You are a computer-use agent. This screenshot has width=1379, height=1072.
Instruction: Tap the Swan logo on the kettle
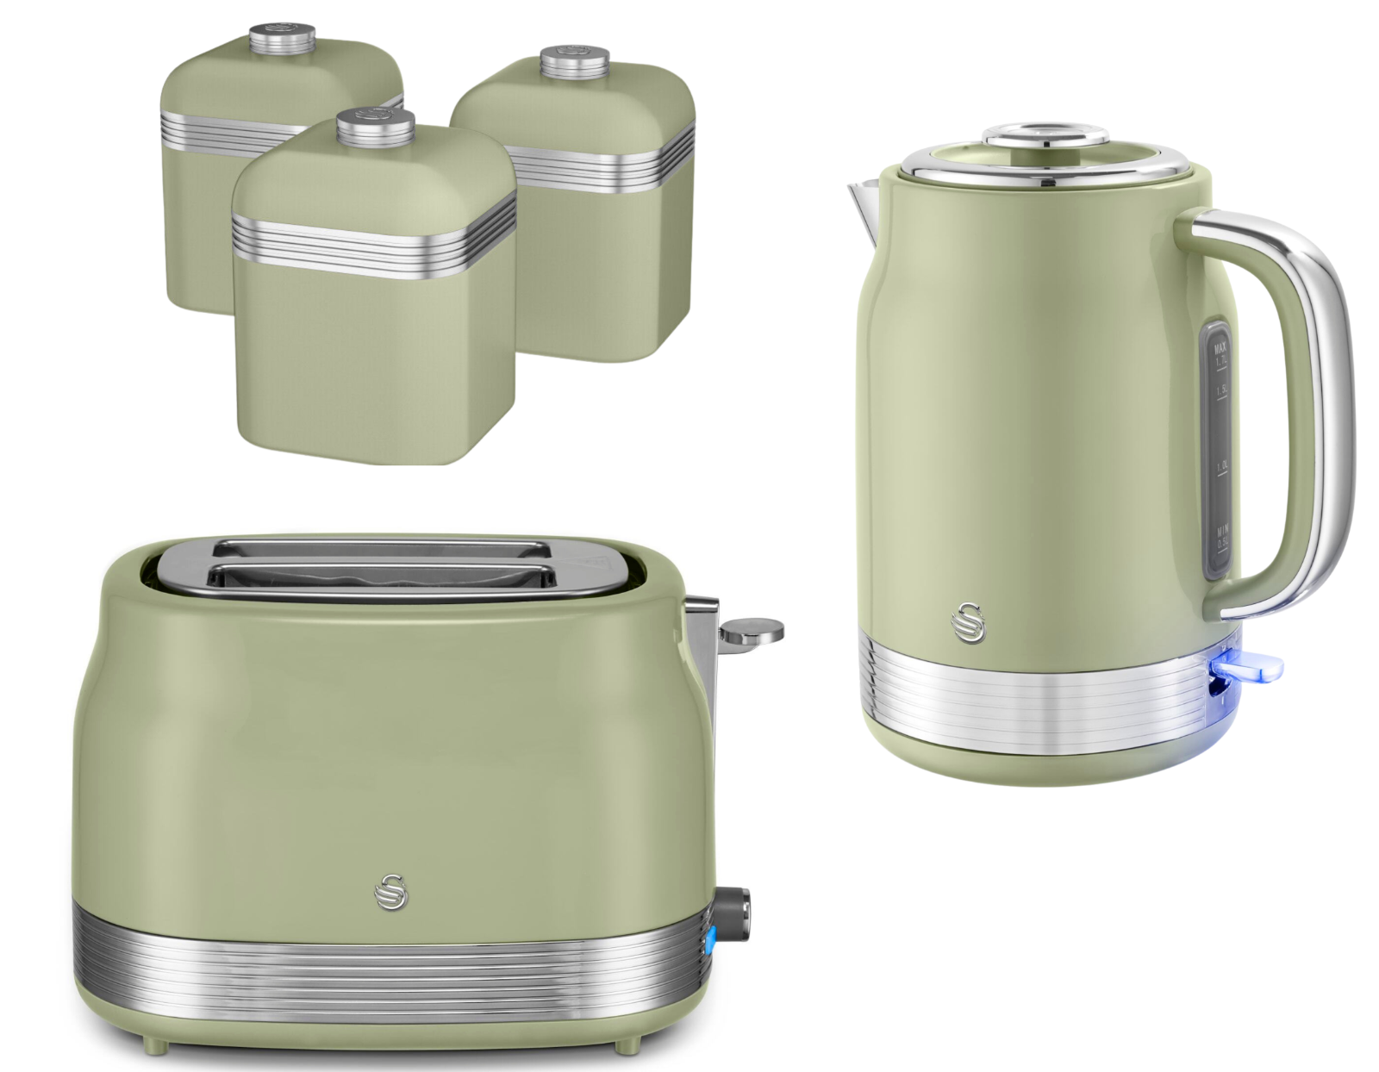tap(970, 621)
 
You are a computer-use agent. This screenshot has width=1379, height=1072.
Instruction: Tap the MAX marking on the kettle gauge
tap(1220, 348)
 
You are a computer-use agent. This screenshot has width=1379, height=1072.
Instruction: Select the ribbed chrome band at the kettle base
tap(1034, 698)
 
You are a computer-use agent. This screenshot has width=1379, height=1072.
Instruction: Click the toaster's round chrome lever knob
tap(752, 631)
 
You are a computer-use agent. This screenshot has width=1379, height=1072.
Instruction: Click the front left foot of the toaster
tap(153, 1045)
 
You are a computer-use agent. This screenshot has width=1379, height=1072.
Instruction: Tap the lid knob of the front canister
tap(376, 128)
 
